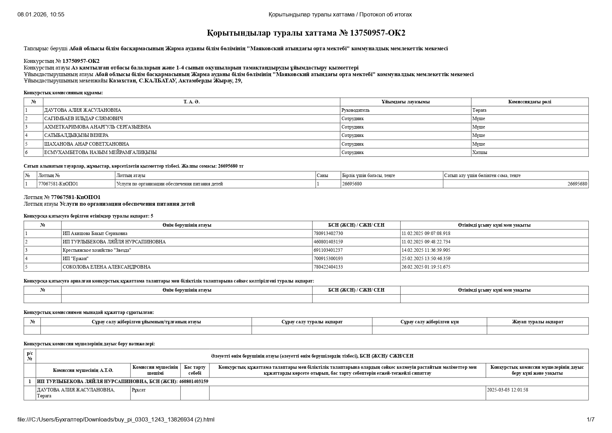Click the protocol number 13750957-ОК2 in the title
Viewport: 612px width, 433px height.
coord(378,33)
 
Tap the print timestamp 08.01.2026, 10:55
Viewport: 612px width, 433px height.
coord(41,15)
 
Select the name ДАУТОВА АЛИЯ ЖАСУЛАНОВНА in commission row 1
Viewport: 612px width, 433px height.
coord(82,110)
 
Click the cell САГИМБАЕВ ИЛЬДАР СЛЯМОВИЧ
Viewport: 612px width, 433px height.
coord(83,119)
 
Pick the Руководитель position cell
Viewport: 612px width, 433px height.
coord(355,110)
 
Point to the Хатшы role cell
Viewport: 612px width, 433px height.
coord(480,153)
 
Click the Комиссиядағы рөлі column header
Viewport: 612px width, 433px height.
coord(529,102)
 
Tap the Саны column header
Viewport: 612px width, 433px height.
coord(322,176)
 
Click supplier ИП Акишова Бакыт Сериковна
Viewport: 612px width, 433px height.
coord(95,234)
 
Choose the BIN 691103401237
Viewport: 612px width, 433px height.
coord(328,250)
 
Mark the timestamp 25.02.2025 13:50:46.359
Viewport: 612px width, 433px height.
coord(426,259)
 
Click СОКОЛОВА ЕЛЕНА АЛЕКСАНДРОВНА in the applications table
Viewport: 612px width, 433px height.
coord(106,267)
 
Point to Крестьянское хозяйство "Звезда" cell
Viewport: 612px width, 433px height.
coord(97,250)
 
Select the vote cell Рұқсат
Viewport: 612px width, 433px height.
coord(139,390)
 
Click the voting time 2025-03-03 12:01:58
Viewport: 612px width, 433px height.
coord(507,390)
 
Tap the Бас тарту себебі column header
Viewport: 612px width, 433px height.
coord(195,370)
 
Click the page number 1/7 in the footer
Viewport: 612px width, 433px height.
coord(590,420)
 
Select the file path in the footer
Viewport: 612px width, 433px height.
coord(116,420)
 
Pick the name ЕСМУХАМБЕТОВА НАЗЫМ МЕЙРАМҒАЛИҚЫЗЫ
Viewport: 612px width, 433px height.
coord(100,153)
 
